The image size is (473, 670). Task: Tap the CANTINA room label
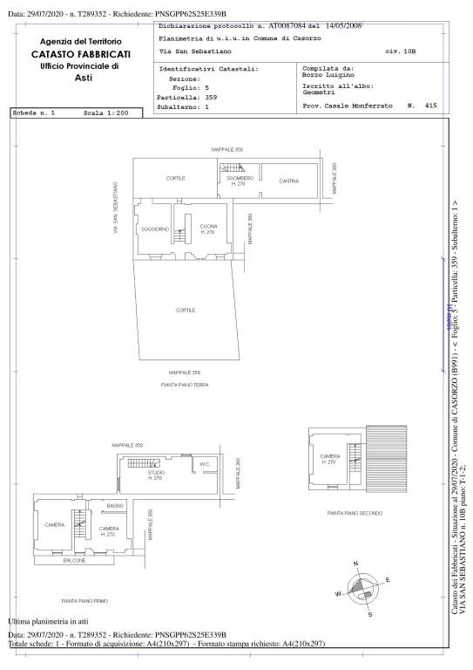coord(289,181)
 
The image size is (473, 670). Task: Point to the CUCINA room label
coord(207,226)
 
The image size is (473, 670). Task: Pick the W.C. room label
coord(205,463)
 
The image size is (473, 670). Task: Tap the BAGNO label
coord(115,506)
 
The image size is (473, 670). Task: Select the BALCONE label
coord(75,561)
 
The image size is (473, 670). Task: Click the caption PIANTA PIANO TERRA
coord(185,384)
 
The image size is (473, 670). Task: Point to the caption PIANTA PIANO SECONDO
coord(355,513)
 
